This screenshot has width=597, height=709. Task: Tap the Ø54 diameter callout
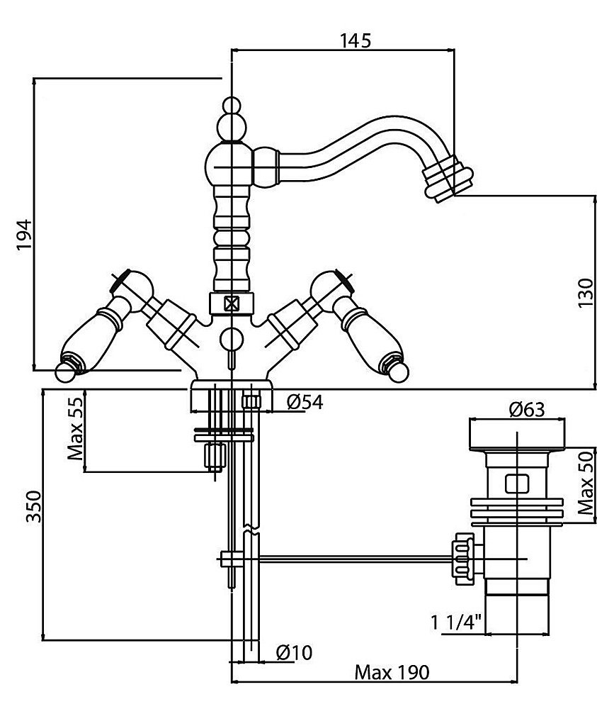click(305, 403)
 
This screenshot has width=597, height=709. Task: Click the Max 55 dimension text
click(76, 430)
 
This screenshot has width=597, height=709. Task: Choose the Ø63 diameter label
click(527, 410)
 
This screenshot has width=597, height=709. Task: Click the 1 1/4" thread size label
click(456, 624)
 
